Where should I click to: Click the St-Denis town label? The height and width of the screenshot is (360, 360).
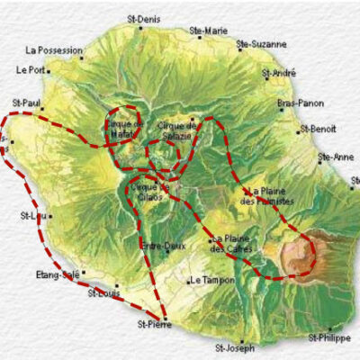pyautogui.click(x=143, y=18)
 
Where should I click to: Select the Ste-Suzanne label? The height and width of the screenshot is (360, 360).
pyautogui.click(x=262, y=43)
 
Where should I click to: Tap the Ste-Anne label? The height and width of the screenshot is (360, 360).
pyautogui.click(x=336, y=157)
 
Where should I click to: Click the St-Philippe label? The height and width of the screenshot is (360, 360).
pyautogui.click(x=328, y=337)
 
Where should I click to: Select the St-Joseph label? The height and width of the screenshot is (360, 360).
pyautogui.click(x=235, y=346)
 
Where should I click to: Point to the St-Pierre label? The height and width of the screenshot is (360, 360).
pyautogui.click(x=154, y=323)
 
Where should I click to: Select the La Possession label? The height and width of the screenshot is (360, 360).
pyautogui.click(x=55, y=50)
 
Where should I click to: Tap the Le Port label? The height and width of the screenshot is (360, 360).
pyautogui.click(x=31, y=69)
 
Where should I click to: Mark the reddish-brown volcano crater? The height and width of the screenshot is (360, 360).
pyautogui.click(x=297, y=255)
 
